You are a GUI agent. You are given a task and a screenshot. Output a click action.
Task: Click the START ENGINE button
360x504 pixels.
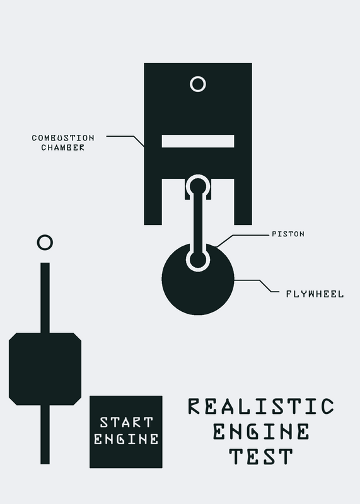[x=126, y=432]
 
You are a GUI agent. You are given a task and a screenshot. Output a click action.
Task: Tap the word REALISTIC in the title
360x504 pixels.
[x=261, y=406]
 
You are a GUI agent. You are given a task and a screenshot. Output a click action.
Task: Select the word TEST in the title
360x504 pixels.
[x=261, y=456]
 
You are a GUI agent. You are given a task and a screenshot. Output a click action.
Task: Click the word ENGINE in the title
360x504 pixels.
[x=261, y=432]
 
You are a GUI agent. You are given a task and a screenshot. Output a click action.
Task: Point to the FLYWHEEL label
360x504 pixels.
[x=315, y=294]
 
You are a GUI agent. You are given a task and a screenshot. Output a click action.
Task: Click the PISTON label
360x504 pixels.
[x=288, y=234]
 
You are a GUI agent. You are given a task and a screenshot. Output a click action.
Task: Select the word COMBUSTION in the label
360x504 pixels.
[x=63, y=138]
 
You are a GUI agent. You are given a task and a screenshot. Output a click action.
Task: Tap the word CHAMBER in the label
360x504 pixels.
[x=63, y=147]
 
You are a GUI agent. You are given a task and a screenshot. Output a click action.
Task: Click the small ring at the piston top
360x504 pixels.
[x=198, y=84]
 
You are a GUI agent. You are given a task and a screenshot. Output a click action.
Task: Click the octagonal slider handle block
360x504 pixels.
[x=45, y=369]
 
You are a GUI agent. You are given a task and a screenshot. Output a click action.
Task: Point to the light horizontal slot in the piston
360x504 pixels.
[x=198, y=141]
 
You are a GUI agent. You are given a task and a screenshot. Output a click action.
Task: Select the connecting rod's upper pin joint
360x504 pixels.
[x=198, y=186]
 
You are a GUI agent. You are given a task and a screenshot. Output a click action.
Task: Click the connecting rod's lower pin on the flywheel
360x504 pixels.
[x=198, y=260]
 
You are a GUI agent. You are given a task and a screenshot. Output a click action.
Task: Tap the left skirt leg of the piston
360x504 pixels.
[x=153, y=202]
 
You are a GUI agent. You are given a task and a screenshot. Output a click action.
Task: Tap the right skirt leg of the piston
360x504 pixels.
[x=243, y=202]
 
